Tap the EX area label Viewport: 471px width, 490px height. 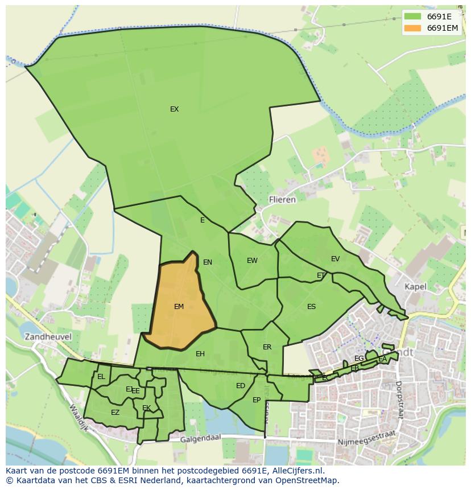coord(174,109)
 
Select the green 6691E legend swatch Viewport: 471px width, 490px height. coord(412,17)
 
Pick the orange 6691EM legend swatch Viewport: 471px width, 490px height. coord(412,28)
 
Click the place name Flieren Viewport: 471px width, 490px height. coord(282,200)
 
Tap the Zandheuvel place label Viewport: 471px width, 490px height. coord(48,336)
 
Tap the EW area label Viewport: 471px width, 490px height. coord(252,261)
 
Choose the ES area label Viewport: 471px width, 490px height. coord(311,307)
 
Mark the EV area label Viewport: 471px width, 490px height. coord(335,259)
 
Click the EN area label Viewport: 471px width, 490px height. coord(208,262)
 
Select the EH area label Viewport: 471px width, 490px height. coord(200,354)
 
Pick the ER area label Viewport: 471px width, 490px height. coord(267,347)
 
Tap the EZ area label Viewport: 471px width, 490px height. coord(115,413)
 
